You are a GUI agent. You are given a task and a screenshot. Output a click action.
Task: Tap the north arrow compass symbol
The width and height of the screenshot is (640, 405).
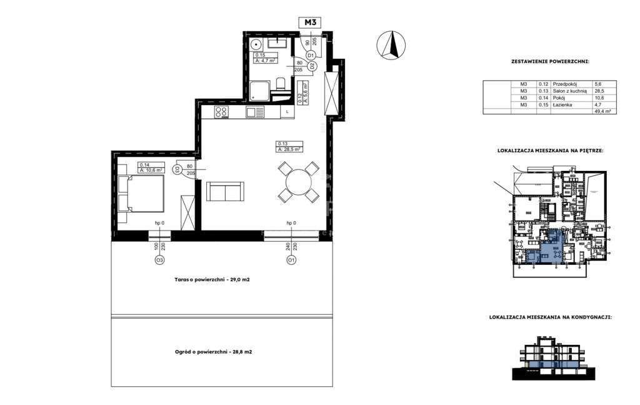click(391, 45)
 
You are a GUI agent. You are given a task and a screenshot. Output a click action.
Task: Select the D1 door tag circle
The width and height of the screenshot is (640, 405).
click(310, 56)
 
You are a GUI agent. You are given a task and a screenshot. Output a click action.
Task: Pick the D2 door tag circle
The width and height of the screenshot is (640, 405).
click(313, 66)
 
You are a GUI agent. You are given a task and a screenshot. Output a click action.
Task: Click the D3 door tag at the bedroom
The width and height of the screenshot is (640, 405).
click(177, 170)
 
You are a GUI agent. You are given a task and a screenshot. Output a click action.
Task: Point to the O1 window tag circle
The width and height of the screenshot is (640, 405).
click(291, 259)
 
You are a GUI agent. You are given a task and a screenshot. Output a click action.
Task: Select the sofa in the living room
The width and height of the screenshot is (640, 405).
click(225, 191)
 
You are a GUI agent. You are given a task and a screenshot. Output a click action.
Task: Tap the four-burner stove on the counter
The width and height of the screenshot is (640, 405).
click(221, 113)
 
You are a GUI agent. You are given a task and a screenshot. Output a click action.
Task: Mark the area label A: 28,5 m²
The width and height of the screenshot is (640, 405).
click(290, 150)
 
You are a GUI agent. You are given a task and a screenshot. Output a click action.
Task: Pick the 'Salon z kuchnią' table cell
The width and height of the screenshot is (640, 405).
click(567, 91)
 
